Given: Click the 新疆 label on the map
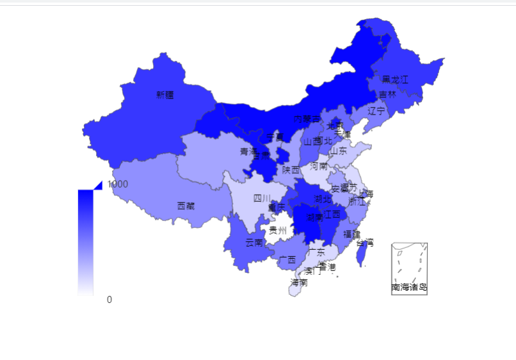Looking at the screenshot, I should pos(165,95).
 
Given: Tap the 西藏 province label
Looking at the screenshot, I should pos(186,206).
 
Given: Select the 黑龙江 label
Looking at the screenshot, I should pos(394,79).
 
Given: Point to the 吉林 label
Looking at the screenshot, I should pos(387,94).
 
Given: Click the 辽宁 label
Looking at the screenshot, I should pos(376,111).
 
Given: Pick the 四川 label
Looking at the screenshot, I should pos(262,197).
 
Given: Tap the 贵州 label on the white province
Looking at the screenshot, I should pos(277,229).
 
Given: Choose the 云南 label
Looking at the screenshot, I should pos(254,242).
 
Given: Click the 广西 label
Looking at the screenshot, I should pos(287,259).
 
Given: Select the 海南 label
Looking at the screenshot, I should pos(298,282).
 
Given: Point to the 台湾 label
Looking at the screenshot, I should pos(364,243).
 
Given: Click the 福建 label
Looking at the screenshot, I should pos(352,234).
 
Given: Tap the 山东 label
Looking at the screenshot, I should pos(338,151).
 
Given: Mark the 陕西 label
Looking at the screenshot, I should pos(291,170).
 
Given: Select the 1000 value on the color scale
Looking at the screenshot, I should pos(118,184).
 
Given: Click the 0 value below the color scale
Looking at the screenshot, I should pos(109,299).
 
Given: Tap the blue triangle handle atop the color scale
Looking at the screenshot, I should pos(98,185).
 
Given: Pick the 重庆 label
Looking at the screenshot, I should pos(277,208).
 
